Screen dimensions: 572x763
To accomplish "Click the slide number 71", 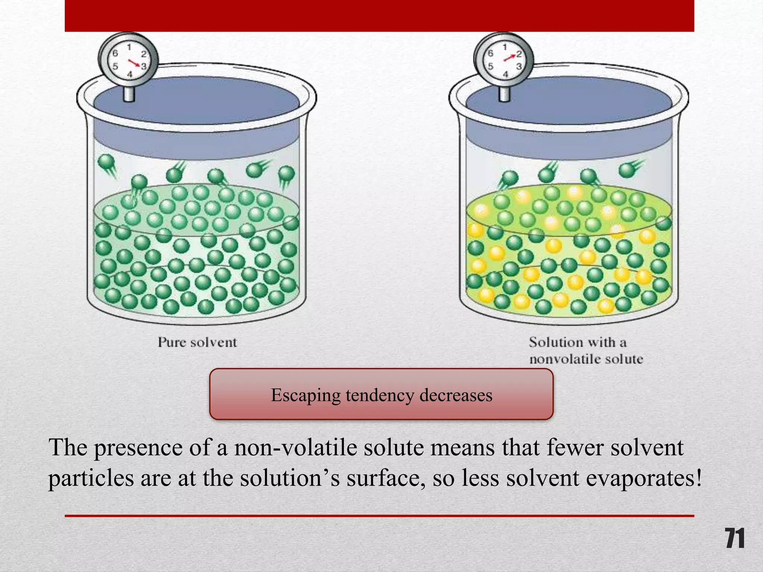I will pyautogui.click(x=735, y=538).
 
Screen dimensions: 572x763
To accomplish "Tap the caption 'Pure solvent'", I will pyautogui.click(x=197, y=342).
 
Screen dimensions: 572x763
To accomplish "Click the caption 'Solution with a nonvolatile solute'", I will pyautogui.click(x=586, y=351).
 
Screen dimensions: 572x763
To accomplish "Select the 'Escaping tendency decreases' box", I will pyautogui.click(x=381, y=394).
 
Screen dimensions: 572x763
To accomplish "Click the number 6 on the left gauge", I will pyautogui.click(x=115, y=54).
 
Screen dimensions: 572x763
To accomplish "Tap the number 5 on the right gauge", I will pyautogui.click(x=490, y=66).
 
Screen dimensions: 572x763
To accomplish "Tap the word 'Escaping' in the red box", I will pyautogui.click(x=305, y=395).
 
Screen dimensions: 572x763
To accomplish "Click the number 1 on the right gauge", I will pyautogui.click(x=505, y=47).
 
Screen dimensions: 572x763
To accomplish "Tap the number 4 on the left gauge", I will pyautogui.click(x=130, y=74).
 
